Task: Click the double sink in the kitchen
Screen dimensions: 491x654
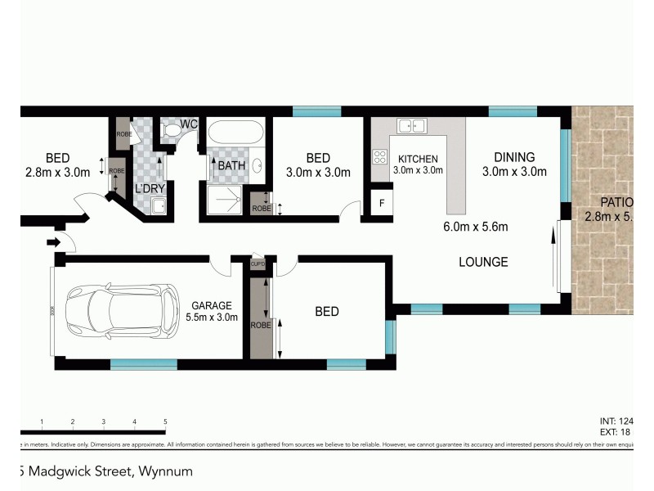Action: (411, 126)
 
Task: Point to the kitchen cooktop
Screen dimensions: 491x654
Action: (380, 156)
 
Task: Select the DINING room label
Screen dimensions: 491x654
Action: (513, 157)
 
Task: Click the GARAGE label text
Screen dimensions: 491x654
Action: (213, 305)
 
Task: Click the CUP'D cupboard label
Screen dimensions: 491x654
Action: (258, 264)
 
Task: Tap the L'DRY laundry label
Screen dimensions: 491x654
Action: (150, 188)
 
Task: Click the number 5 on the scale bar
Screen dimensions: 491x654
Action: (165, 421)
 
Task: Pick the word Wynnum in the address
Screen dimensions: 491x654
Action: (168, 471)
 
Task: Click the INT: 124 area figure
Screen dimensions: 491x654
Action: (616, 421)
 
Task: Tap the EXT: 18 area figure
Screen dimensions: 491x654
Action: (616, 432)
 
